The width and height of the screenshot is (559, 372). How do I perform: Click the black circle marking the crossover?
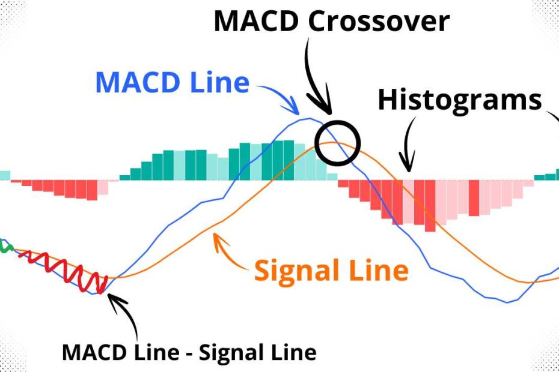pyautogui.click(x=337, y=143)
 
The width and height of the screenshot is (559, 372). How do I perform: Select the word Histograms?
pyautogui.click(x=459, y=101)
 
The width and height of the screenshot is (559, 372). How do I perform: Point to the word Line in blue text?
pyautogui.click(x=218, y=82)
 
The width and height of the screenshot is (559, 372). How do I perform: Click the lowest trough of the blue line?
pyautogui.click(x=508, y=302)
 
